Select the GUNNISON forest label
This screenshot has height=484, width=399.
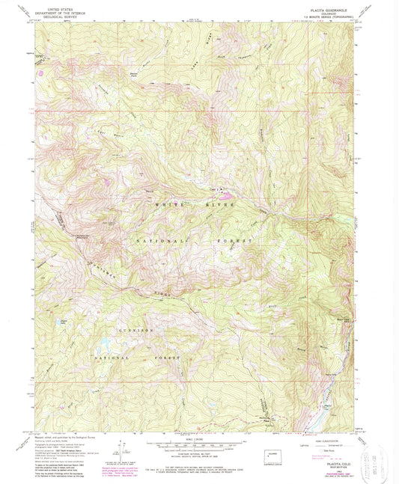tap(135, 329)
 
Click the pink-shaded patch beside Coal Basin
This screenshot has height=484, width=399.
tap(229, 198)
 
